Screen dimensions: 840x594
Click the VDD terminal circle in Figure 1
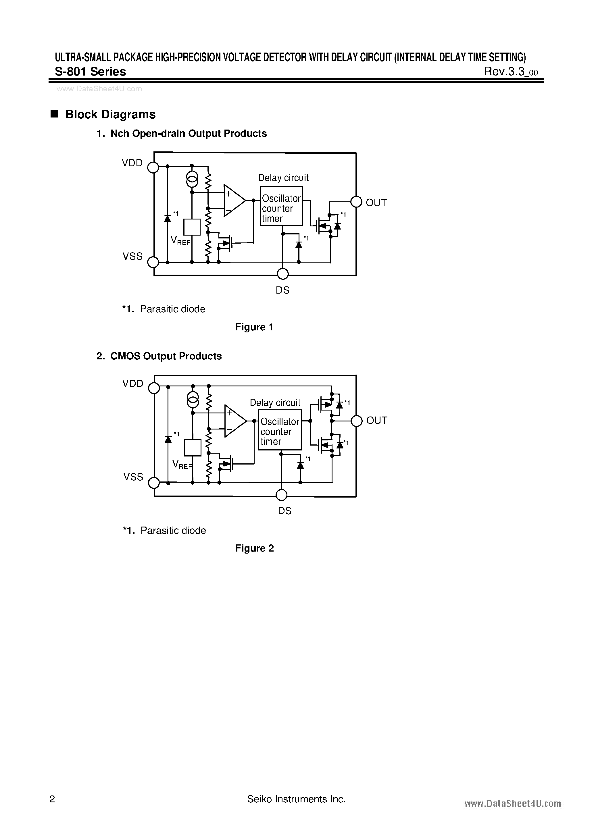coord(153,167)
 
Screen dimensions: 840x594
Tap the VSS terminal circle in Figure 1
coord(153,262)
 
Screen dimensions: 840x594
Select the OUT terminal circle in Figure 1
coord(356,202)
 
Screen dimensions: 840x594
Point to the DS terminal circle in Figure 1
coord(282,274)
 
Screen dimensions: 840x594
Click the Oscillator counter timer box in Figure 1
coord(281,206)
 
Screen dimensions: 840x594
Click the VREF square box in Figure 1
coord(192,227)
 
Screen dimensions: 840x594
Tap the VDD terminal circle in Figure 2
coord(154,388)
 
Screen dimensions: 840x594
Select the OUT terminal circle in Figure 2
coord(356,421)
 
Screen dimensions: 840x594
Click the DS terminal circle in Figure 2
coord(281,495)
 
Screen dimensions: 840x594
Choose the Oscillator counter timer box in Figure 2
coord(280,430)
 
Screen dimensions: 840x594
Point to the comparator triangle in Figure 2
coord(234,421)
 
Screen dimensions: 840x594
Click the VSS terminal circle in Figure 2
coord(154,483)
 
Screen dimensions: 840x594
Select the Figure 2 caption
coord(254,548)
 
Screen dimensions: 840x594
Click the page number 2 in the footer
coord(52,799)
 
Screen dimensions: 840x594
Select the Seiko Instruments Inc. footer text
coord(297,799)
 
